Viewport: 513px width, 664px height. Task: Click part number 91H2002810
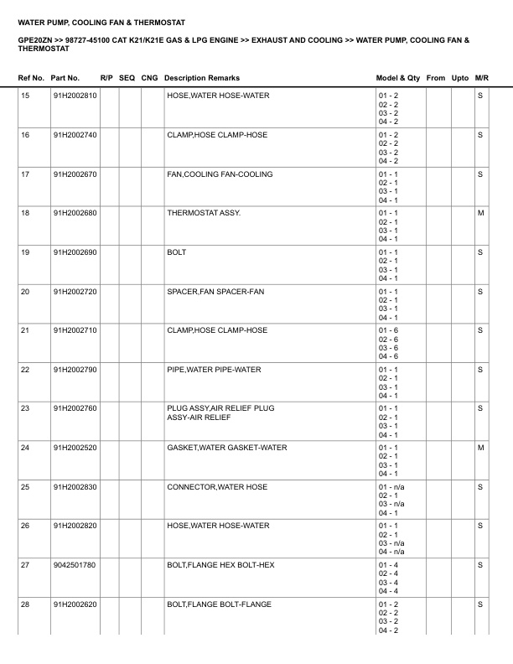click(x=75, y=96)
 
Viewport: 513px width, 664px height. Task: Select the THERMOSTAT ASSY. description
click(x=204, y=213)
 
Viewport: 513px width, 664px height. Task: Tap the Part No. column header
click(x=65, y=78)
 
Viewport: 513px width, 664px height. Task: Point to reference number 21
click(x=25, y=330)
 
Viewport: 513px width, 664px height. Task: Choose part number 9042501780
click(x=75, y=565)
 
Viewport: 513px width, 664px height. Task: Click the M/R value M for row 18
click(x=480, y=213)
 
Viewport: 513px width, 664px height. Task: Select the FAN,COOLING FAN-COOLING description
click(x=220, y=174)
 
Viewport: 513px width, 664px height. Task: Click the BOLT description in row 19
click(x=177, y=252)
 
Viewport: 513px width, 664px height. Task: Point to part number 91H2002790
click(x=75, y=370)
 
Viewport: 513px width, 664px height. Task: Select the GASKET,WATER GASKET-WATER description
click(x=226, y=448)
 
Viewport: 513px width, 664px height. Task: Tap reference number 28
click(x=25, y=604)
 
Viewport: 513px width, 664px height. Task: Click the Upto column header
click(x=460, y=78)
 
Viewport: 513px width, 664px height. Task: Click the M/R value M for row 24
click(x=480, y=448)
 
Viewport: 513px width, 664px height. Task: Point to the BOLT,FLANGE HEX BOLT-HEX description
click(x=220, y=565)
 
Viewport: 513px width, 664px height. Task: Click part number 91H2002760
click(x=75, y=408)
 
